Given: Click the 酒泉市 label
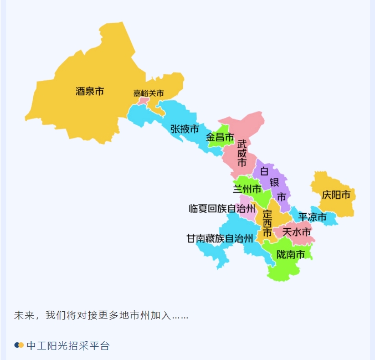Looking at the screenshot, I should tap(90, 91).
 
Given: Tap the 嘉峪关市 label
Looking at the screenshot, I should tap(148, 93).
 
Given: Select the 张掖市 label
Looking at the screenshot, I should tap(184, 129).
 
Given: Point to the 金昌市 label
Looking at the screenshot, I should tap(220, 137).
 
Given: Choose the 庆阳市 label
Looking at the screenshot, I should tap(336, 195).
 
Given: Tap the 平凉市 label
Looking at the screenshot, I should tap(312, 217).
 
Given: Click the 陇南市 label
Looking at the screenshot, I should tap(291, 255).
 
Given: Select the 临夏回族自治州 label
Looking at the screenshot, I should tap(222, 209).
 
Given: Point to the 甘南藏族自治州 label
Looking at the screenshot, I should tap(219, 239).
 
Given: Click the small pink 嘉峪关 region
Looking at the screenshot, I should tap(143, 101).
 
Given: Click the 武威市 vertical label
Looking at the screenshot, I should tap(242, 153).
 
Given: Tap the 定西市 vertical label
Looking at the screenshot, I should tap(267, 223).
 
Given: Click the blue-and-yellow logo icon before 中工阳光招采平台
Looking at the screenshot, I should tap(19, 346).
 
